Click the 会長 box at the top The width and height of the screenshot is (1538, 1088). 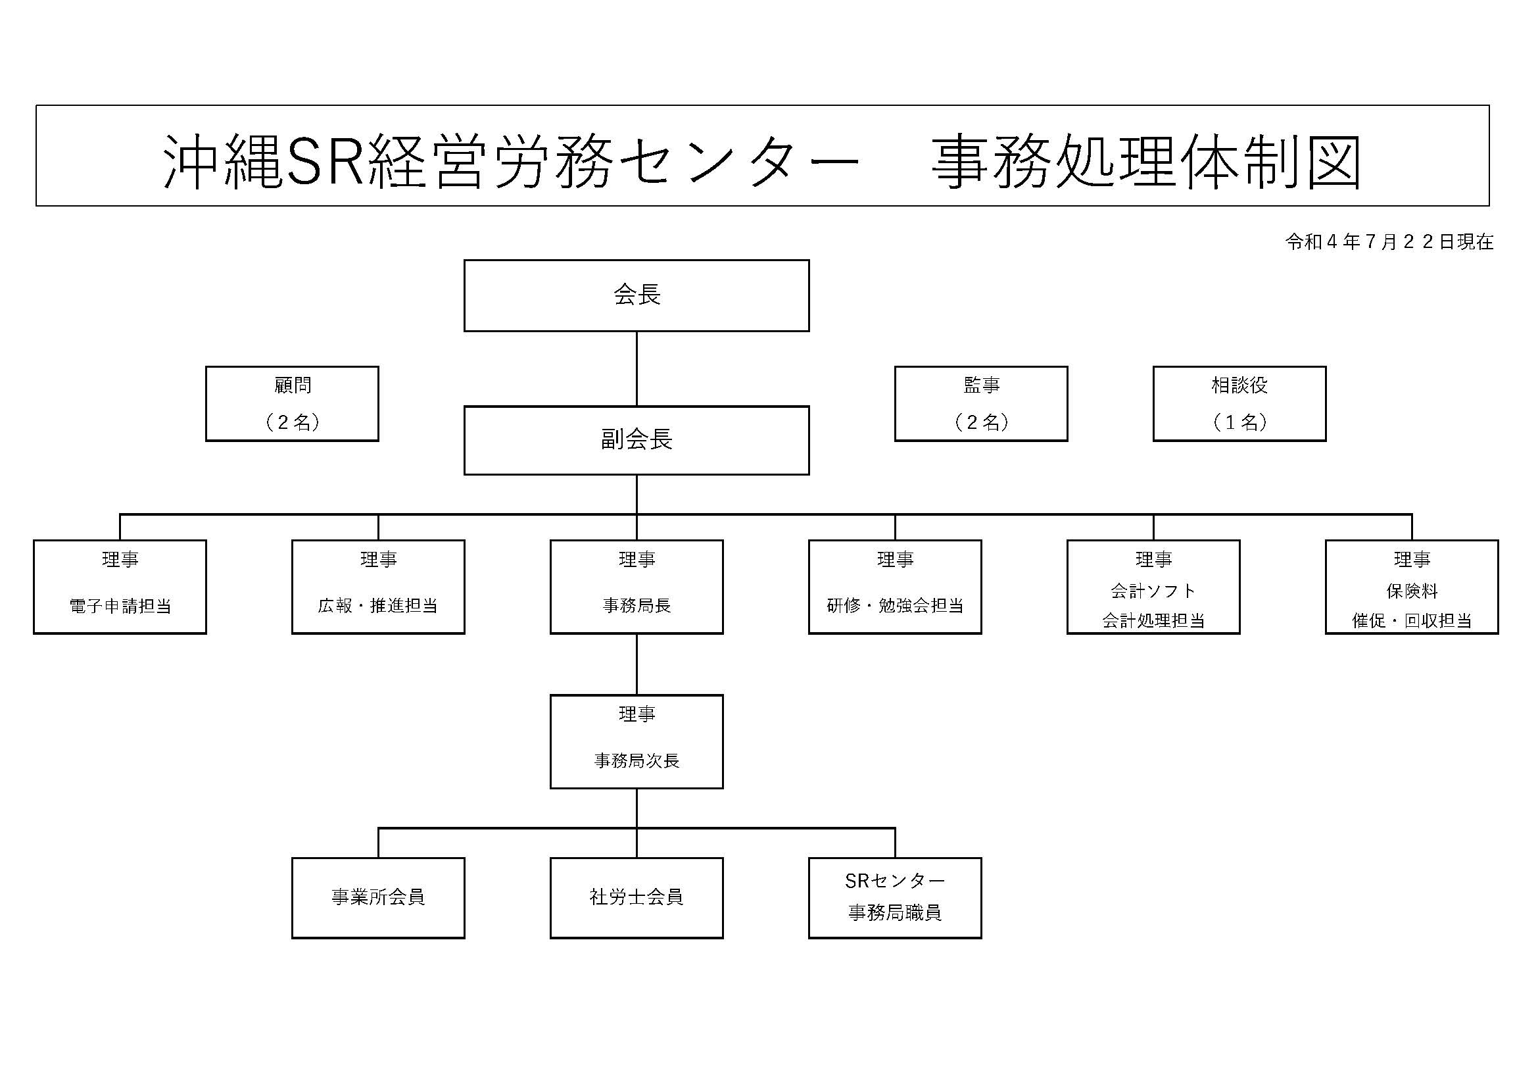tap(637, 295)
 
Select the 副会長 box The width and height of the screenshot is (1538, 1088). tap(637, 440)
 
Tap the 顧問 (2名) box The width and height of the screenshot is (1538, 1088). tap(292, 403)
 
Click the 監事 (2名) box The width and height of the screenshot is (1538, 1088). tap(980, 403)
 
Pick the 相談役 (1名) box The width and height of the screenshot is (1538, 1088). tap(1239, 403)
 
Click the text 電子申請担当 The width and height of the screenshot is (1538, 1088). tap(120, 606)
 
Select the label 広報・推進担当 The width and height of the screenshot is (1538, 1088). tap(378, 606)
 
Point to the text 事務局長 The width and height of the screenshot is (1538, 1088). tap(637, 606)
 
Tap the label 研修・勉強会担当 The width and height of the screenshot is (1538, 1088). tap(895, 606)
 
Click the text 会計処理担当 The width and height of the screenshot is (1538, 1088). tap(1153, 621)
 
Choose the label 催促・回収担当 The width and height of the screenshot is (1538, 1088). tap(1411, 621)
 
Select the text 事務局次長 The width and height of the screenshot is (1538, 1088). tap(637, 760)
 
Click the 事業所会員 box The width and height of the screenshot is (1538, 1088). tap(378, 897)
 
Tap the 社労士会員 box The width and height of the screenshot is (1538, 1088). tap(637, 897)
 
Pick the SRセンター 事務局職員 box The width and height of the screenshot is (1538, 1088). tap(895, 897)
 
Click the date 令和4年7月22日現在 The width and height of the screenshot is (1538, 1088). tap(1389, 242)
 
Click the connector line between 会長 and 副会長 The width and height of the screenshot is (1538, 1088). tap(637, 368)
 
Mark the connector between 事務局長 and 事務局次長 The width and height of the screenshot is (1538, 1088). tap(637, 664)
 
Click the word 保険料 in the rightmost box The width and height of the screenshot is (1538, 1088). tap(1411, 591)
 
